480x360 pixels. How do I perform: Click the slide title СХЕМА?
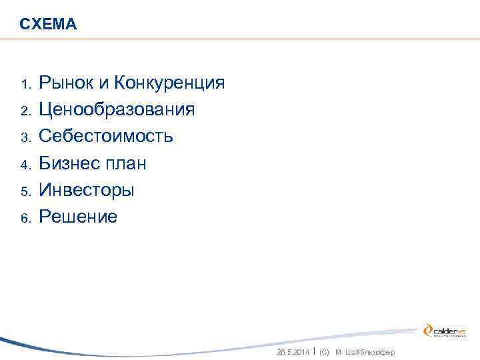pyautogui.click(x=48, y=25)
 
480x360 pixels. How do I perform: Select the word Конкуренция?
pyautogui.click(x=169, y=83)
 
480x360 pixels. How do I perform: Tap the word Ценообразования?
pyautogui.click(x=117, y=110)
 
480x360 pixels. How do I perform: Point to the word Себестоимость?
pyautogui.click(x=106, y=137)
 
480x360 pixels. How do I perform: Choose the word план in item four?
pyautogui.click(x=125, y=163)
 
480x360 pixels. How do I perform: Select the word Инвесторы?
pyautogui.click(x=87, y=190)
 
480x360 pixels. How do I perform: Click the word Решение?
pyautogui.click(x=78, y=217)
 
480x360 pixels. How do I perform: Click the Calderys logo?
pyautogui.click(x=445, y=330)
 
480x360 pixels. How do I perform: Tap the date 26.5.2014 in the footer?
pyautogui.click(x=293, y=352)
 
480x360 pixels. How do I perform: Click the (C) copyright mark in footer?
pyautogui.click(x=325, y=352)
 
